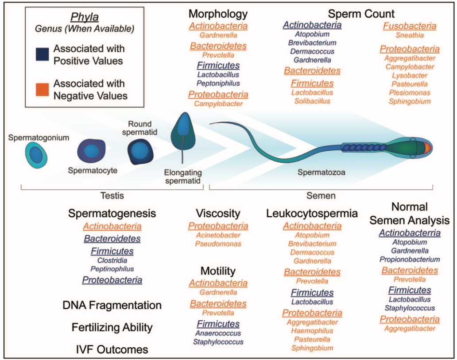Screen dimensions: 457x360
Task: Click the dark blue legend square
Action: (x=42, y=54)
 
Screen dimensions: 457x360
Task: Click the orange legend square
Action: (x=42, y=89)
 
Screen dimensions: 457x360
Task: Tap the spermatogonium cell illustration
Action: (x=36, y=155)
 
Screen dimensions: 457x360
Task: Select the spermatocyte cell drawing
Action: (x=92, y=151)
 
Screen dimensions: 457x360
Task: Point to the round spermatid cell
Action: (x=140, y=151)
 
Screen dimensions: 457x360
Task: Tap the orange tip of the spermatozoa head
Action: (x=427, y=148)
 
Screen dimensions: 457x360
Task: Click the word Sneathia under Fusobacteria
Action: (x=410, y=35)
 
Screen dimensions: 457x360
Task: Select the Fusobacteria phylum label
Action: (x=410, y=26)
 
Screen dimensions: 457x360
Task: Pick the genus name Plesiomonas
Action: (x=410, y=93)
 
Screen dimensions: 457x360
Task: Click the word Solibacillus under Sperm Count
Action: (x=312, y=101)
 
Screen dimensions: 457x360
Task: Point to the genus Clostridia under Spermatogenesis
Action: (x=112, y=260)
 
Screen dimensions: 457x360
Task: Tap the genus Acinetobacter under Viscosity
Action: (x=218, y=235)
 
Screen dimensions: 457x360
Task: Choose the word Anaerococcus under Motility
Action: (x=218, y=333)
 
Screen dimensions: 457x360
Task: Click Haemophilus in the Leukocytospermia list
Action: (x=312, y=331)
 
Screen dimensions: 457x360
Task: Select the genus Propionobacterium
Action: (x=410, y=259)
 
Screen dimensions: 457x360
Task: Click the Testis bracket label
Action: (x=112, y=195)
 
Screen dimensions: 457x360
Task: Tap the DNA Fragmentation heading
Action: (x=112, y=305)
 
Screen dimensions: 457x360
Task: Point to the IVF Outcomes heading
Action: (x=112, y=349)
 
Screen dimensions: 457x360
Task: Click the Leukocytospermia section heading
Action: (x=312, y=214)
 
